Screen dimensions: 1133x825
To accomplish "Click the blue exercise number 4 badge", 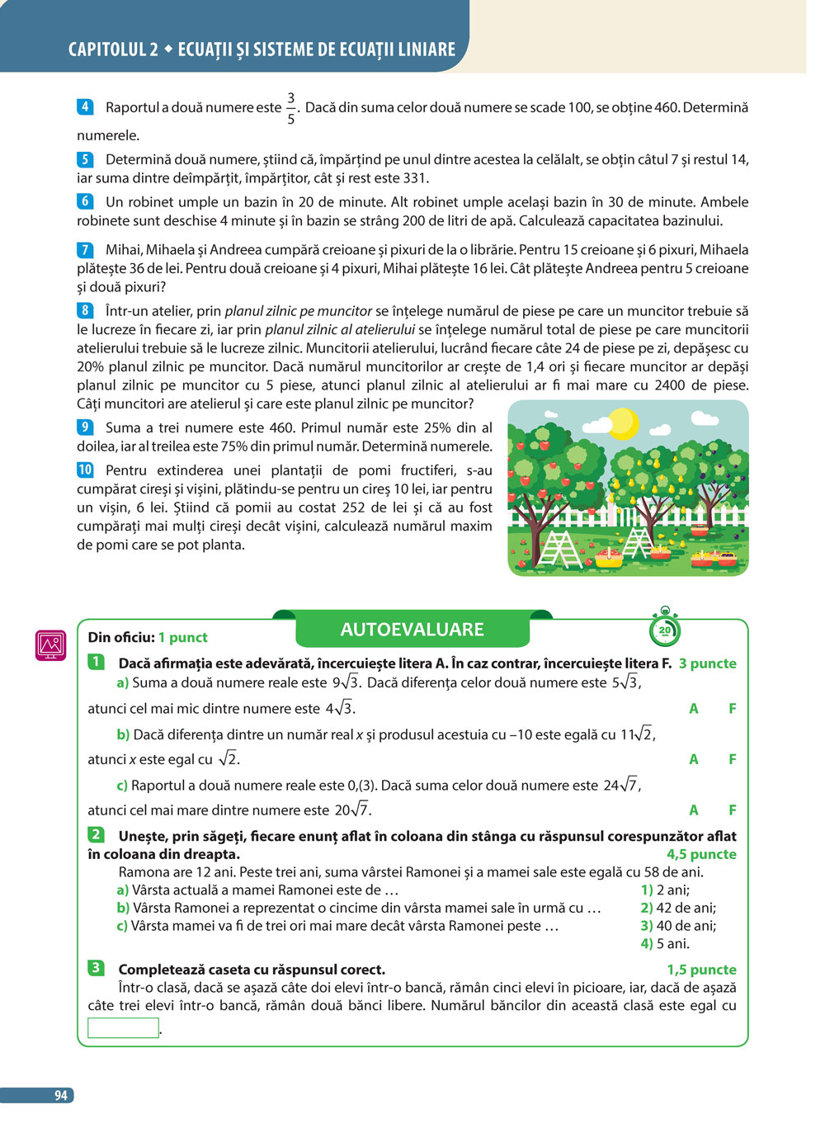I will (x=84, y=106).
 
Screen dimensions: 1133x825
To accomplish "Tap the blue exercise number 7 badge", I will (x=84, y=249).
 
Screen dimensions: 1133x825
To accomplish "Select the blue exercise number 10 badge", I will (x=85, y=470).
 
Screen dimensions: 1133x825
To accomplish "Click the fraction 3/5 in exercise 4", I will (x=290, y=108).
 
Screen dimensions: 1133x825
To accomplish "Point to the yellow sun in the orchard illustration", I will (x=622, y=423).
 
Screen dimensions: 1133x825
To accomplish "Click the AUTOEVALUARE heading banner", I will (x=412, y=630).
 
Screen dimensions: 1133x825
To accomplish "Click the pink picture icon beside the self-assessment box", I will (x=50, y=645).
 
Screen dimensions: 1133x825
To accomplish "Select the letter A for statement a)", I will (x=694, y=708).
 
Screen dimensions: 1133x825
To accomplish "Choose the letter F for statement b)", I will (x=732, y=759).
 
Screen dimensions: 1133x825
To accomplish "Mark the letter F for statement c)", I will (x=732, y=810).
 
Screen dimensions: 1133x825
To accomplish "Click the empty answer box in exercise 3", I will (x=123, y=1027).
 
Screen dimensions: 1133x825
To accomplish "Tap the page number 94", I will (x=60, y=1095).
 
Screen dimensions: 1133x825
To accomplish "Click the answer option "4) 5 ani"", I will (x=665, y=943).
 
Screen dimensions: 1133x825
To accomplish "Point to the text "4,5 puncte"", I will (x=701, y=854).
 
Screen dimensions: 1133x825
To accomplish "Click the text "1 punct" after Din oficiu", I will (x=182, y=637).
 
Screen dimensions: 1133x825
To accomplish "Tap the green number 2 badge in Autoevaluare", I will (x=97, y=835).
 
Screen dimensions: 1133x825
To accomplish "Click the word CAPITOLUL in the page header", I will (x=107, y=50).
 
